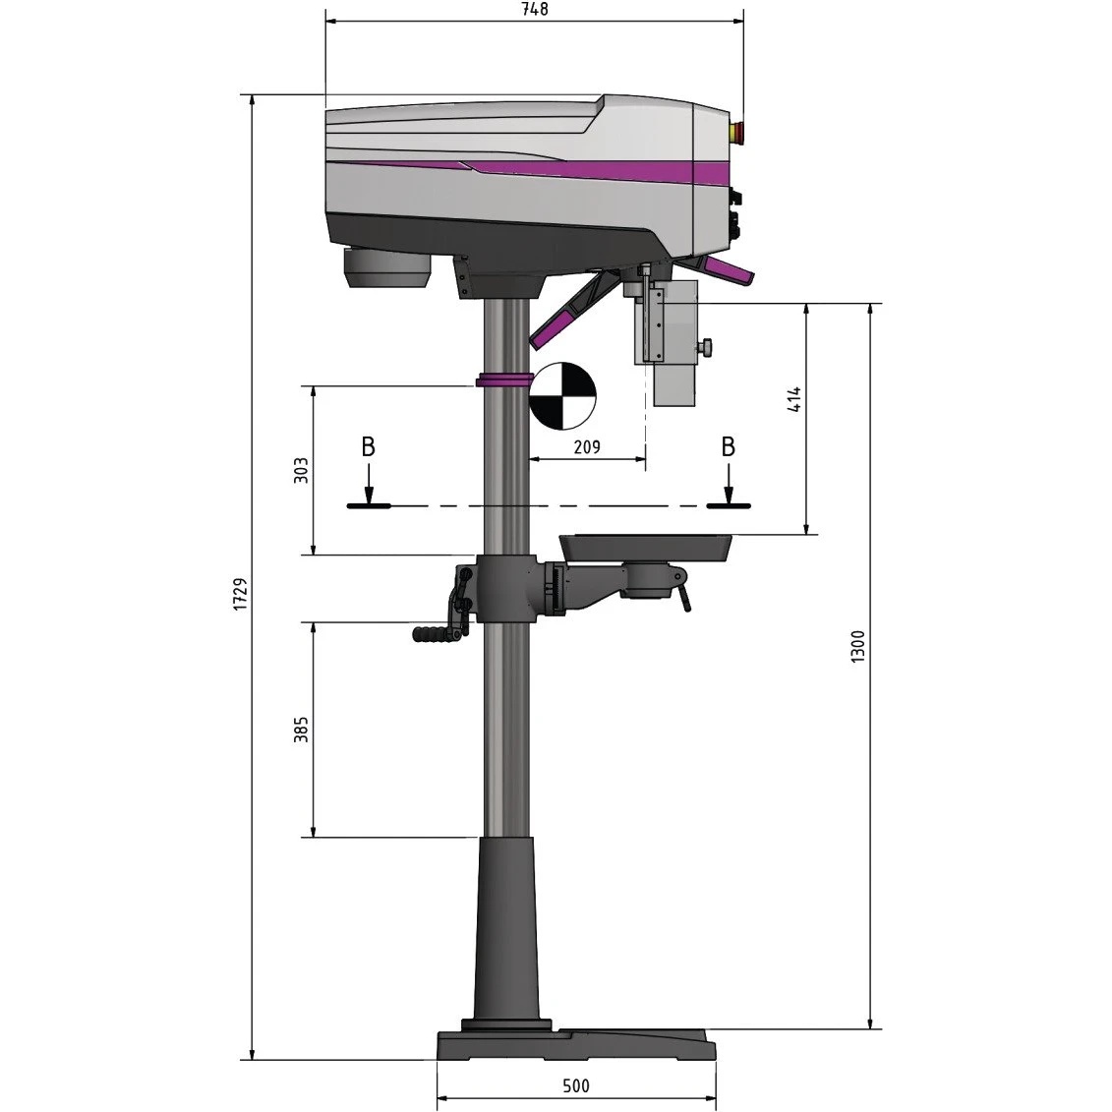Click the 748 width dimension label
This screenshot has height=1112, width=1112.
tap(535, 9)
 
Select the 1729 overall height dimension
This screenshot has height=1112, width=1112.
tap(241, 594)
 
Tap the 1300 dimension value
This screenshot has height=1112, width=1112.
tap(857, 646)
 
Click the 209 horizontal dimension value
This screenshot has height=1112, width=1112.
tap(587, 446)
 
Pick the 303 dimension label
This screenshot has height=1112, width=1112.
tap(301, 471)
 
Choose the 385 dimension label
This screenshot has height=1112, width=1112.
tap(301, 730)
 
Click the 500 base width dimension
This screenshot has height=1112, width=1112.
tap(576, 1085)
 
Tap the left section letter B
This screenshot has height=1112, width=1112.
tap(368, 447)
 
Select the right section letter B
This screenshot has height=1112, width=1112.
tap(728, 447)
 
